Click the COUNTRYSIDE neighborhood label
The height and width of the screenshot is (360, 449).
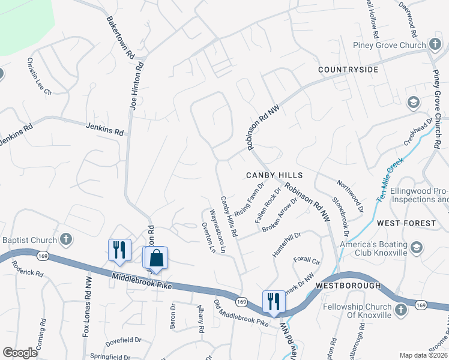point(348,70)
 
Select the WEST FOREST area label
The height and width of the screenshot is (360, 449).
point(406,223)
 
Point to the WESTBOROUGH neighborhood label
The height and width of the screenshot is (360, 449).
point(348,285)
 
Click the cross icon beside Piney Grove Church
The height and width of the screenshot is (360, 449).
point(435,45)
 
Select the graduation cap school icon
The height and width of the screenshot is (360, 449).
point(412,102)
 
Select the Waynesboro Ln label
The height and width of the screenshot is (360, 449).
point(217,230)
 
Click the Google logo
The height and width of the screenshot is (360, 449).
point(20,352)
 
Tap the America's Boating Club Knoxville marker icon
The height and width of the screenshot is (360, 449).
point(417,247)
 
